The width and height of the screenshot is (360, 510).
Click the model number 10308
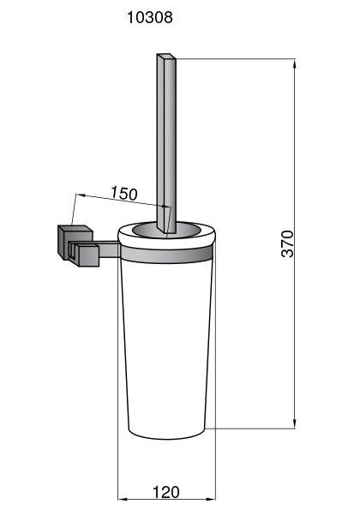click(150, 17)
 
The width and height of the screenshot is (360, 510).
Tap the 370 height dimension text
click(287, 243)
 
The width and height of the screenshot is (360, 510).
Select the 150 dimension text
click(124, 193)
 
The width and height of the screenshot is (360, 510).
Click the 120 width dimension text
click(165, 492)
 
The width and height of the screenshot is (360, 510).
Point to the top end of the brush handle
click(166, 57)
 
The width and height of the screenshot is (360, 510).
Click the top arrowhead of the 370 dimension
click(295, 63)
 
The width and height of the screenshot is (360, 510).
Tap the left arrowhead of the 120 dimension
click(122, 499)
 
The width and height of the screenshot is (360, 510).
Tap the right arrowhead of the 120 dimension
click(211, 499)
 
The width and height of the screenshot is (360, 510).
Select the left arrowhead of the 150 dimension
click(80, 195)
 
